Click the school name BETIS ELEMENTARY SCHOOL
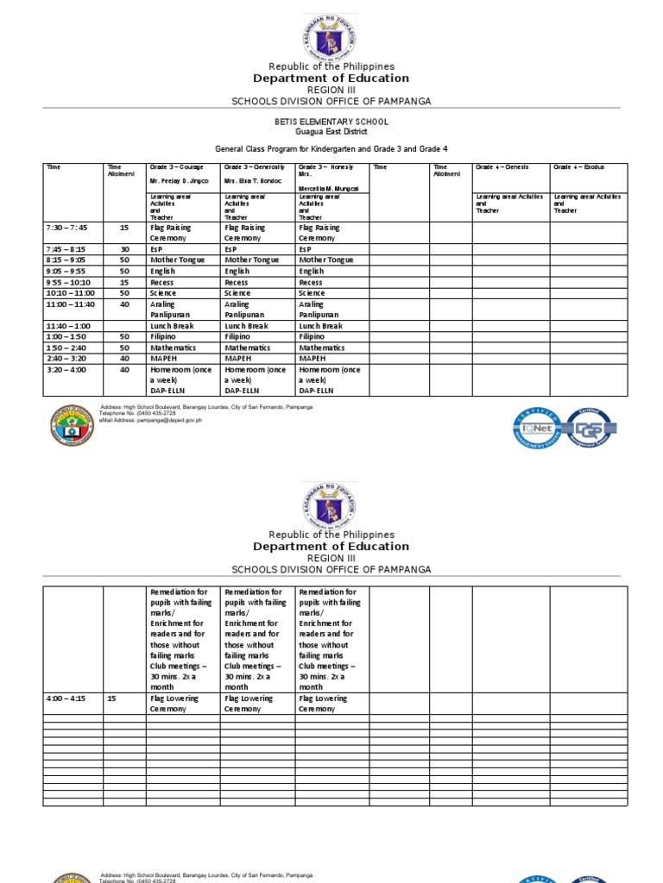click(x=331, y=122)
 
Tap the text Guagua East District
click(x=331, y=132)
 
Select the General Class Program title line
click(x=331, y=149)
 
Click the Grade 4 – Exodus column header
click(x=578, y=166)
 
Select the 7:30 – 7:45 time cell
click(x=66, y=228)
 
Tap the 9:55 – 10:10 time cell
click(x=68, y=282)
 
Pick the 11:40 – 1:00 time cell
click(x=68, y=326)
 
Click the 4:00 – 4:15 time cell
click(x=66, y=698)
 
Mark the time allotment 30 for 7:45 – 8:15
click(x=124, y=249)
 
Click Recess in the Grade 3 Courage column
click(x=162, y=282)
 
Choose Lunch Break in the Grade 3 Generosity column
click(x=246, y=326)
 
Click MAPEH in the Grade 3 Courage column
click(x=162, y=358)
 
